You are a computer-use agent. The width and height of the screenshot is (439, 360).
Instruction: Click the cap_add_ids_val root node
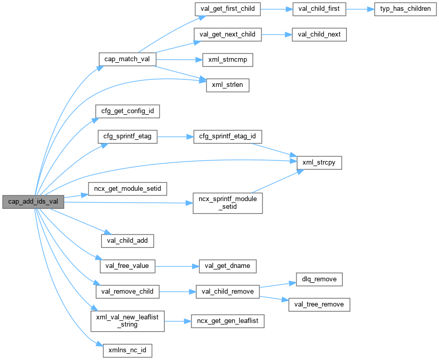pyautogui.click(x=33, y=202)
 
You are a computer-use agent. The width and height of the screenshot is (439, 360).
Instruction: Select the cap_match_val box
pyautogui.click(x=127, y=59)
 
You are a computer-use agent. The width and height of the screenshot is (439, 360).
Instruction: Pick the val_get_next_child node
pyautogui.click(x=227, y=34)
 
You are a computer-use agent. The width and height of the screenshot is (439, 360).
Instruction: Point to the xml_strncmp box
pyautogui.click(x=227, y=60)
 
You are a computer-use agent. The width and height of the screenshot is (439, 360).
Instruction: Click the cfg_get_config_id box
pyautogui.click(x=128, y=111)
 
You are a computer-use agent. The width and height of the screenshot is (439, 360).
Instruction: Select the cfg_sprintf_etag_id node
pyautogui.click(x=227, y=137)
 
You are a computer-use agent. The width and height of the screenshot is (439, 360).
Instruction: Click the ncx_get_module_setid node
pyautogui.click(x=128, y=189)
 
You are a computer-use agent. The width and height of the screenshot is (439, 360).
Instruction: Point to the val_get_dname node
pyautogui.click(x=227, y=266)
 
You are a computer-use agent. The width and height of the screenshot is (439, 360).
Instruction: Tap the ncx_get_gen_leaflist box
pyautogui.click(x=227, y=321)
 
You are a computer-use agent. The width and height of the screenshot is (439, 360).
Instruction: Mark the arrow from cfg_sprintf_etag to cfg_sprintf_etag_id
pyautogui.click(x=174, y=137)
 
